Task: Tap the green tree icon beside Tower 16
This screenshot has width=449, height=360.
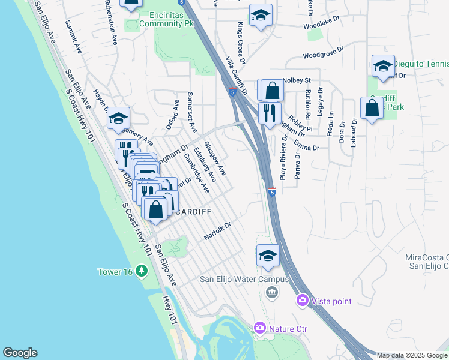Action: (141, 271)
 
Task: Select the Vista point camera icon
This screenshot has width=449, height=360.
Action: (302, 299)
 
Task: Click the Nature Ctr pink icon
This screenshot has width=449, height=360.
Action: (259, 328)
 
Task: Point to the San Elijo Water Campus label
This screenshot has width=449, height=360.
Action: (244, 279)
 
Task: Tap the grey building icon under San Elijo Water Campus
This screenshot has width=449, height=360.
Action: (271, 292)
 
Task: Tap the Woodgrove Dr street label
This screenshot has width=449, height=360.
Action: (323, 53)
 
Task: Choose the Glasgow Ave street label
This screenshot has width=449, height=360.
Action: (214, 158)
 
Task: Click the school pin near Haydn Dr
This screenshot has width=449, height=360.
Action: (119, 118)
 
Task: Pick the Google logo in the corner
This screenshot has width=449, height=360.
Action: (20, 353)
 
